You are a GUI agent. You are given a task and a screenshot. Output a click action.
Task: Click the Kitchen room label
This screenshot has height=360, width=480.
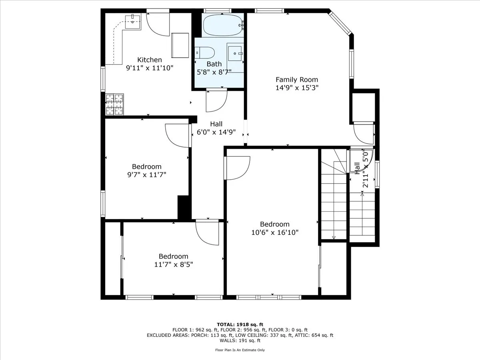point(150,60)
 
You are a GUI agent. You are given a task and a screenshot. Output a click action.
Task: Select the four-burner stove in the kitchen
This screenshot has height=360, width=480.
point(114,104)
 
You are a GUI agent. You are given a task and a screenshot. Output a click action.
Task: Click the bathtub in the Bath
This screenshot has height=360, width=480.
point(223,25)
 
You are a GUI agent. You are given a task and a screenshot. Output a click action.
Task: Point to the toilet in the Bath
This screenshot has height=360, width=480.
point(205,52)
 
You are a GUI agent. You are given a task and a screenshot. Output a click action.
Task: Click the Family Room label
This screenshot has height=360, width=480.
point(297,80)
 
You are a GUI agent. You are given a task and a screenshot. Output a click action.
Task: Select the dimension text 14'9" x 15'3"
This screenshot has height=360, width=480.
point(297,88)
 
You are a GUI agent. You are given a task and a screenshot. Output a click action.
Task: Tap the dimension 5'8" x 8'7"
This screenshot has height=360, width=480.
point(214,72)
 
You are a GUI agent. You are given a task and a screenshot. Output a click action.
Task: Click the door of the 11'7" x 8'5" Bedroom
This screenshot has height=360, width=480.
point(207,232)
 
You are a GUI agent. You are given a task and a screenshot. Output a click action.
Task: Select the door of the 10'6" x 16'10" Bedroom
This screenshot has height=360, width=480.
point(238,168)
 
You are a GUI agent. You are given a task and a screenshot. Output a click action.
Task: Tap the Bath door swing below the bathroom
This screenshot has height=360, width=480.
point(216,101)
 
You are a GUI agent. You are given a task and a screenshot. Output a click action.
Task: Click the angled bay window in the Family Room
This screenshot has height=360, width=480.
point(340,23)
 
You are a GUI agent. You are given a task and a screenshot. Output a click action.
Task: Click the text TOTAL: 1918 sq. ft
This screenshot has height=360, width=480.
point(240,324)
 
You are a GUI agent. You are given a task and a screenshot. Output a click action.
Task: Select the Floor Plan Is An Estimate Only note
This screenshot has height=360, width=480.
point(240,350)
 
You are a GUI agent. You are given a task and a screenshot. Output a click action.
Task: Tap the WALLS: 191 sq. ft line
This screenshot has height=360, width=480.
point(240,341)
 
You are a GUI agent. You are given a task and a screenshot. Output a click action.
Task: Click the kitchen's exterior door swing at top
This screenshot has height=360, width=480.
point(158,24)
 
